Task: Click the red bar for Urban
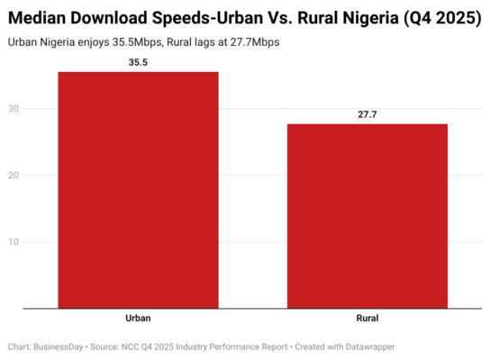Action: click(x=138, y=190)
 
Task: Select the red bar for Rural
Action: click(x=367, y=216)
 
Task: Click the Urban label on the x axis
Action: click(x=138, y=319)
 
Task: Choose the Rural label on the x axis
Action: click(x=367, y=319)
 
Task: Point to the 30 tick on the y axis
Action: click(x=14, y=109)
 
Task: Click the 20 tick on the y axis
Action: click(x=14, y=175)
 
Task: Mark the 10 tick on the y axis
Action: click(x=14, y=242)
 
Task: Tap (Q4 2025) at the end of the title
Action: click(x=441, y=18)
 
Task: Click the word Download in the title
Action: click(x=112, y=18)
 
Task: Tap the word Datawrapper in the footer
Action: click(x=366, y=346)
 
